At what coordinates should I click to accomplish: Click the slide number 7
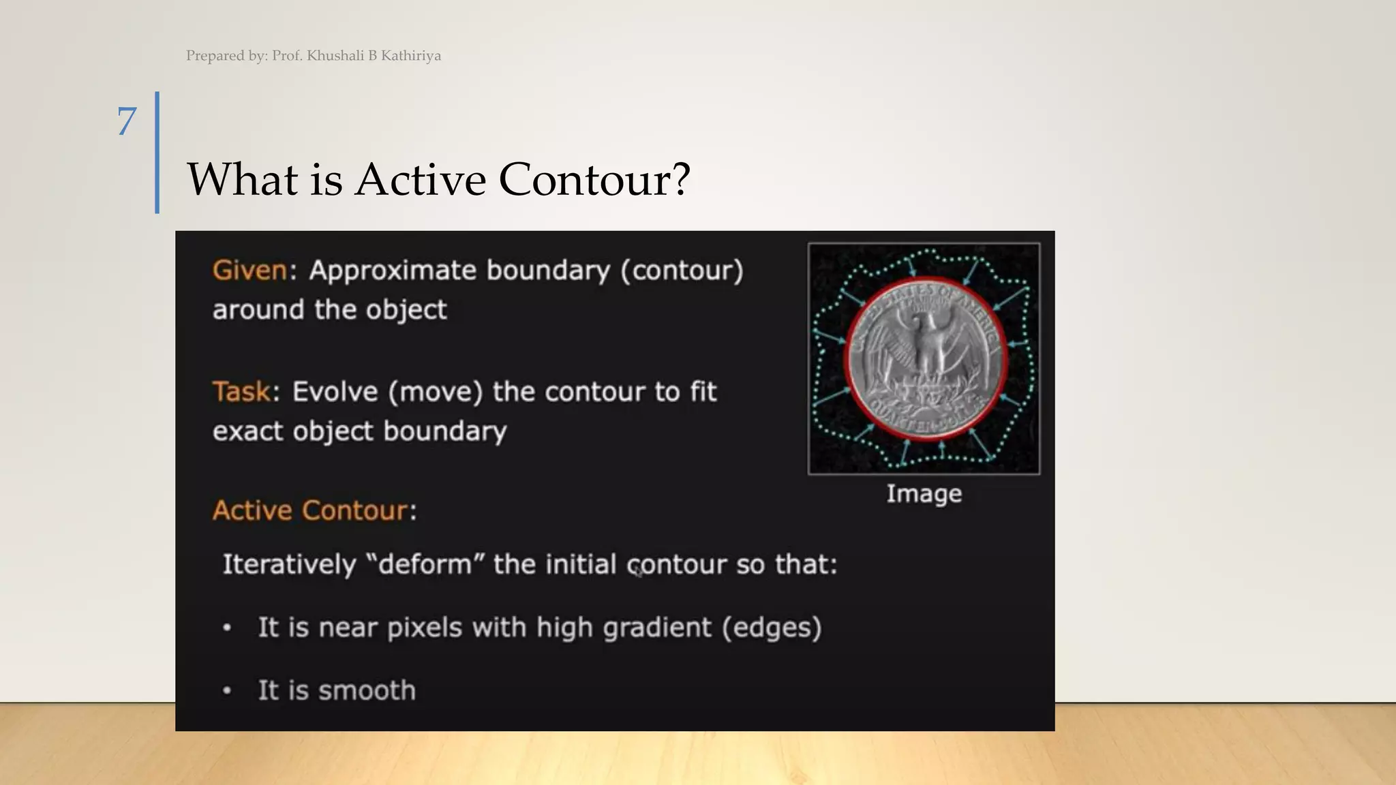(127, 121)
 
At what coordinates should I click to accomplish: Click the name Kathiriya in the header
(410, 56)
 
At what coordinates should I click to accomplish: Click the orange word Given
(249, 271)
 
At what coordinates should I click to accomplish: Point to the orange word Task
(241, 392)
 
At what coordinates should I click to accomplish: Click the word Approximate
(391, 271)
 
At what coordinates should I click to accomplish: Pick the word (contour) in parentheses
(682, 271)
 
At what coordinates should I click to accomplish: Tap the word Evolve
(335, 392)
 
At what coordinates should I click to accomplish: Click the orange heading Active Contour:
(314, 510)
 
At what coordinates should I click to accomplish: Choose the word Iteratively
(289, 565)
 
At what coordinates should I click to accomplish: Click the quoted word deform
(425, 565)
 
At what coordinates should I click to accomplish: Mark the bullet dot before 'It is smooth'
(227, 691)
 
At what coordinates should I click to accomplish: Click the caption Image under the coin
(924, 493)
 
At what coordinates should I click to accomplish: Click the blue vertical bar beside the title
(157, 153)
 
